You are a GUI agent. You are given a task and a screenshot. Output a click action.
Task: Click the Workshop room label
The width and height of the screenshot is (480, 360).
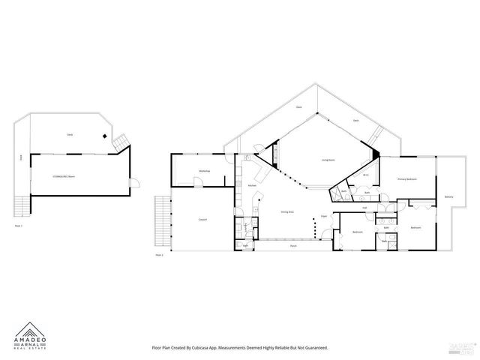pos(204,172)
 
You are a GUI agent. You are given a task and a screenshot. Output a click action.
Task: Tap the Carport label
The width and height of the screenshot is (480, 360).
pos(202,220)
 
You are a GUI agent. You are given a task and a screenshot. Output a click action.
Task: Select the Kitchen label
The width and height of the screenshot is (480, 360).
pos(253,185)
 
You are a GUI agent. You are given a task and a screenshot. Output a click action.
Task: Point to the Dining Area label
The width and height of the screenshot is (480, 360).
pos(286,213)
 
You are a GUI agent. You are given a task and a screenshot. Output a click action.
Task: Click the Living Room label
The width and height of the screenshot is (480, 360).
pos(328,160)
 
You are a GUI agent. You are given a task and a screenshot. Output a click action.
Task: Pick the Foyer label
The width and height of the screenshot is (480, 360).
pos(324,216)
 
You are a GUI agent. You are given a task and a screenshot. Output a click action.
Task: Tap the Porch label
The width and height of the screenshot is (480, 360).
pos(293,245)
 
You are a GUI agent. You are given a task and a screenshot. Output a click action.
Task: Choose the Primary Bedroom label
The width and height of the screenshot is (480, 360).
pos(407,179)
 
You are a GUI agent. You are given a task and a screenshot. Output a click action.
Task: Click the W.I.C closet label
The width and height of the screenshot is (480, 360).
pos(366,175)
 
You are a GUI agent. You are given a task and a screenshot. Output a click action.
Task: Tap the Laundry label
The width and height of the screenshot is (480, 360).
pos(247,224)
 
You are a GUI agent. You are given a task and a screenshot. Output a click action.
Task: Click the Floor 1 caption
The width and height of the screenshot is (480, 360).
pos(19,225)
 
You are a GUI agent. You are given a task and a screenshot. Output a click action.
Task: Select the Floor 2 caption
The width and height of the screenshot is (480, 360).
pos(159,256)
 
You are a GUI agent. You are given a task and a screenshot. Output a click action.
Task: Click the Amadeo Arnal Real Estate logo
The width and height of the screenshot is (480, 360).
pos(31,335)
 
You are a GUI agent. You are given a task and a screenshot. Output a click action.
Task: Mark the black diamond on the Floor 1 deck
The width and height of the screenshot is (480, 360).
pos(105,136)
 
